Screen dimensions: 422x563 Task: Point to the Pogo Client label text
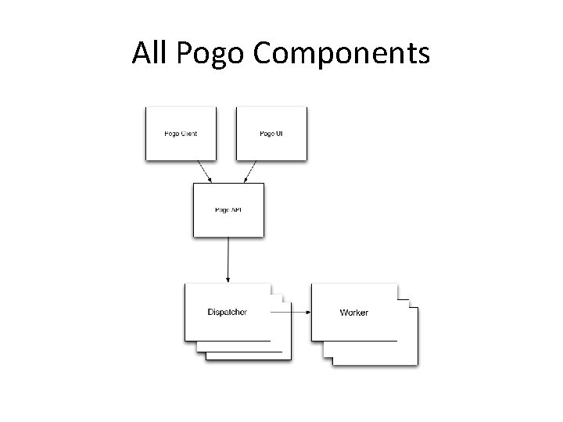[180, 134]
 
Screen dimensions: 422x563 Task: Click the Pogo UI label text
[271, 134]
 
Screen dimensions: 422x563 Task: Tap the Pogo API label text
[228, 210]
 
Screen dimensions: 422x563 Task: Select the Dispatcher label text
[228, 312]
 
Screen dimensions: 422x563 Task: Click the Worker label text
[354, 313]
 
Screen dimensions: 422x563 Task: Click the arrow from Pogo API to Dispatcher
[228, 258]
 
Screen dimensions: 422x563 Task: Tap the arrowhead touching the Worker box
[308, 312]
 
